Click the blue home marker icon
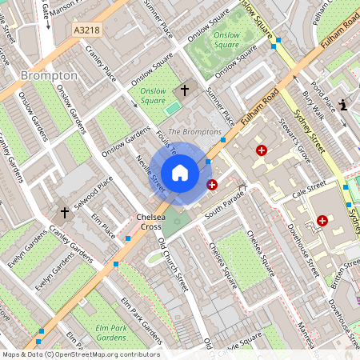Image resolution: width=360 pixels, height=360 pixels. [x=180, y=173]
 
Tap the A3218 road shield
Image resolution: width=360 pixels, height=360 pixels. [x=88, y=30]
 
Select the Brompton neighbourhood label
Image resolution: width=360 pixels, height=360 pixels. [x=50, y=75]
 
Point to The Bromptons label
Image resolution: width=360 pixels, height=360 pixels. [x=194, y=131]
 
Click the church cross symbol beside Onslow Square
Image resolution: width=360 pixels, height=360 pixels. [x=185, y=90]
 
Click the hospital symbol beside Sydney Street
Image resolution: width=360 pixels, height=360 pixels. [x=322, y=220]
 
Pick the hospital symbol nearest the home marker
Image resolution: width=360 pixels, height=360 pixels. [x=212, y=185]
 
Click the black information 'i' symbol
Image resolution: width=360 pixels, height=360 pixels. [x=343, y=105]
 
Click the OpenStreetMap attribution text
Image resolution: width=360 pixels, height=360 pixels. [x=80, y=354]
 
